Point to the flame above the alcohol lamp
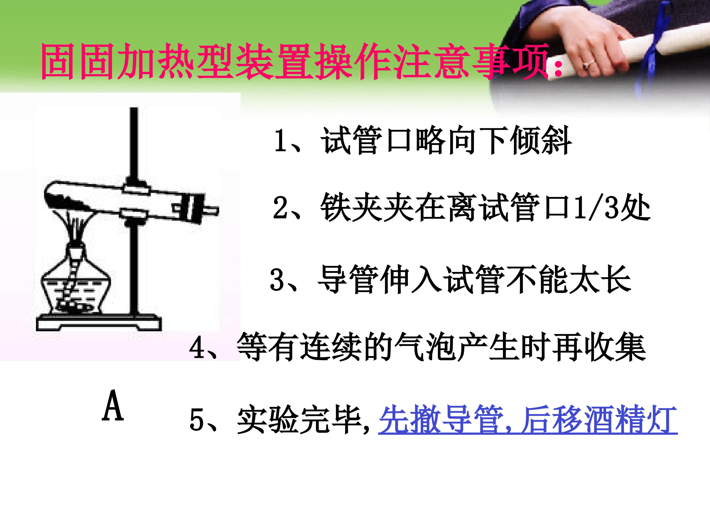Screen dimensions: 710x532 [76, 228]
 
